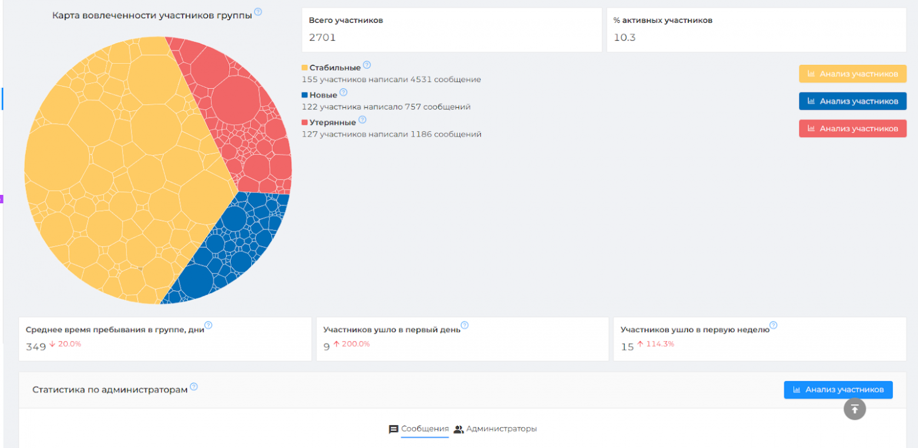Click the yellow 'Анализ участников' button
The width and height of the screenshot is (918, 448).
click(852, 74)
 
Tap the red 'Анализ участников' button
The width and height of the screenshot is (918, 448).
click(852, 128)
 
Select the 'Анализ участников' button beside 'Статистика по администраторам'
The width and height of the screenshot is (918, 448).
click(838, 390)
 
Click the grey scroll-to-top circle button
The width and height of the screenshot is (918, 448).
click(854, 409)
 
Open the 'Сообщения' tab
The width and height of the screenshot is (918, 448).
click(419, 429)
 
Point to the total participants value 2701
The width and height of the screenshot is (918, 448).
click(322, 38)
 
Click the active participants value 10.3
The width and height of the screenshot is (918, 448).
click(624, 38)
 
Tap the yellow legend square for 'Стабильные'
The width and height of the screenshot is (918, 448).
click(305, 68)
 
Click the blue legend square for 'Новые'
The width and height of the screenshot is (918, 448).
click(305, 95)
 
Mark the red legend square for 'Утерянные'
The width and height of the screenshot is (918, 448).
click(305, 122)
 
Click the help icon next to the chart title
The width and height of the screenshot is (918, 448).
click(258, 12)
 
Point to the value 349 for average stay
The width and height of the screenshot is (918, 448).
click(35, 347)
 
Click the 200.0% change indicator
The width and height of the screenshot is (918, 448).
click(352, 344)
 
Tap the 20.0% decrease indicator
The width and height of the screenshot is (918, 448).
click(65, 344)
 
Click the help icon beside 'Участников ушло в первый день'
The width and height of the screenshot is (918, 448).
click(464, 325)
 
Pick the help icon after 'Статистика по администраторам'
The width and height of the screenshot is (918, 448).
click(194, 387)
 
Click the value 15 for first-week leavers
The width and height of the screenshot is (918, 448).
click(627, 347)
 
